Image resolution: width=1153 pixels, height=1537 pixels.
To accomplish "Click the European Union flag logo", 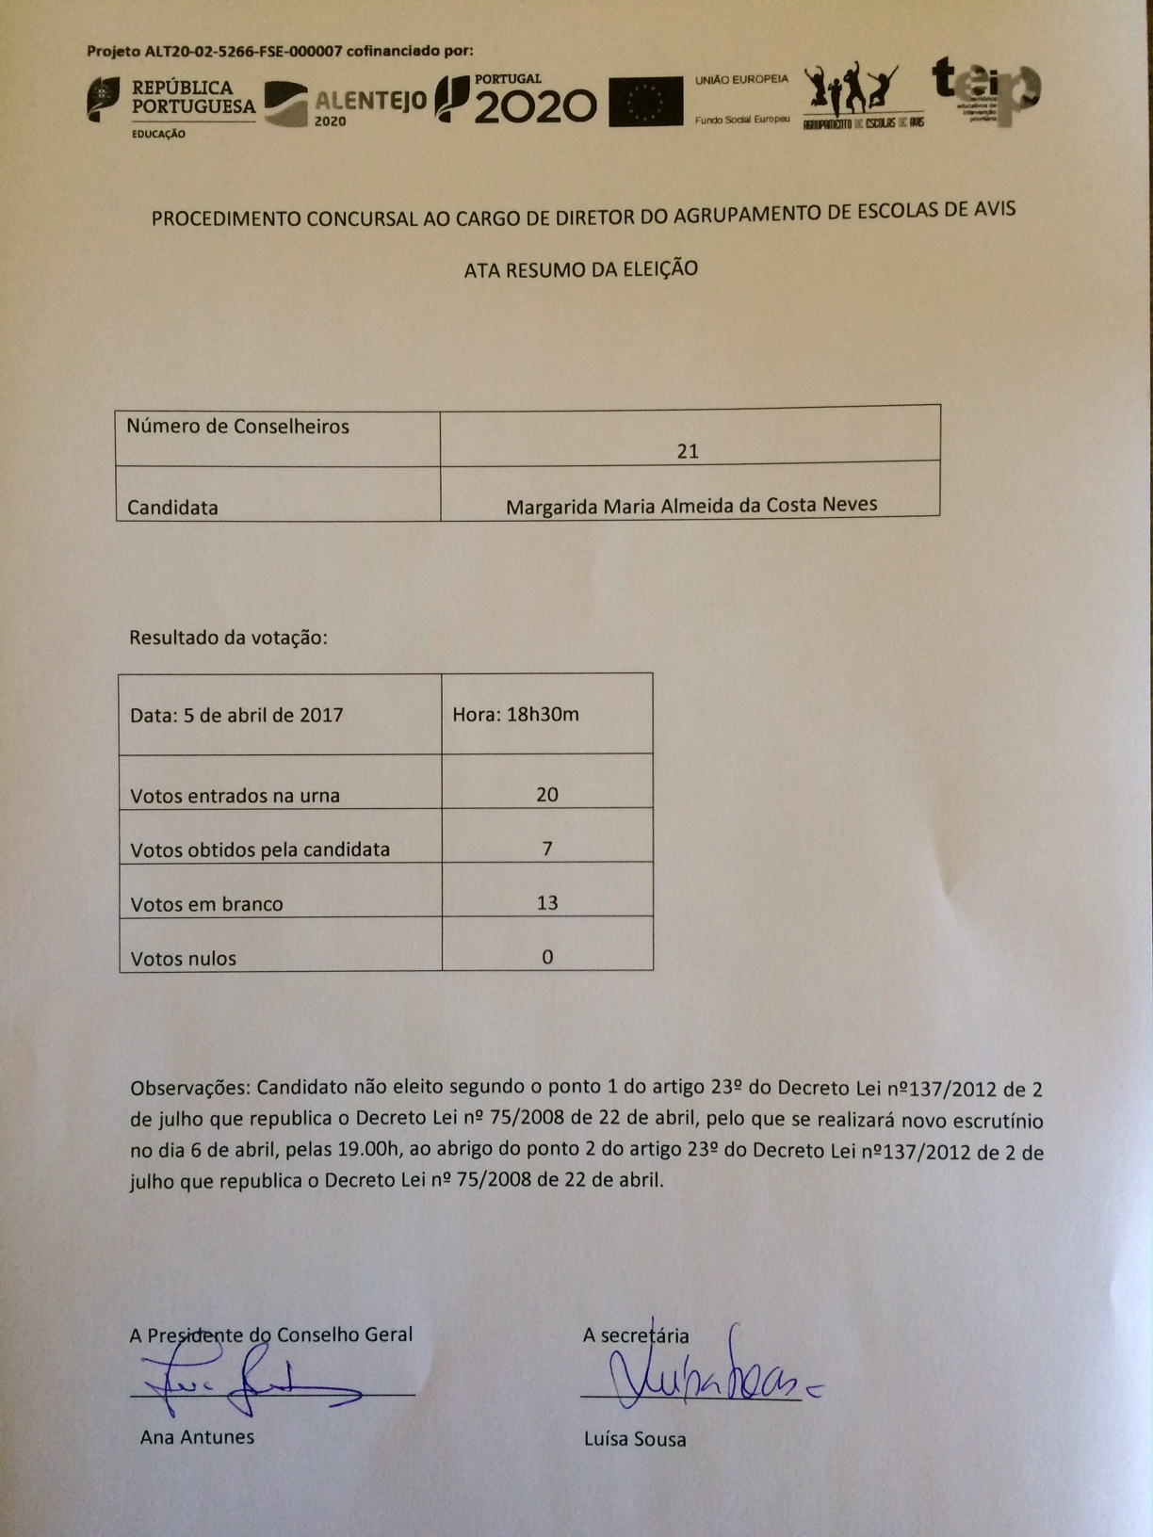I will (645, 102).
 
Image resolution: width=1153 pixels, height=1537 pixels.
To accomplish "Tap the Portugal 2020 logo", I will (516, 100).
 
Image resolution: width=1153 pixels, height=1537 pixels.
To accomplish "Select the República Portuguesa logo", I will (172, 101).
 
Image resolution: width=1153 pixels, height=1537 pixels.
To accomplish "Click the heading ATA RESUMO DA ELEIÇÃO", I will (580, 269).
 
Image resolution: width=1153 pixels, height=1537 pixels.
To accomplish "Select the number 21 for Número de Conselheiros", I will (688, 451).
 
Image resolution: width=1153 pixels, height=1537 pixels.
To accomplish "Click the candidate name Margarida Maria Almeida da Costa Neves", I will (691, 506).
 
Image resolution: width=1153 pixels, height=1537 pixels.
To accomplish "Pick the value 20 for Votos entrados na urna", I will (547, 794).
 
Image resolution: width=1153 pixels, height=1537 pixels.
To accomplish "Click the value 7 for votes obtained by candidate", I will (547, 849).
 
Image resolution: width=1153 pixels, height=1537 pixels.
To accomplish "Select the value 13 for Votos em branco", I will (547, 902).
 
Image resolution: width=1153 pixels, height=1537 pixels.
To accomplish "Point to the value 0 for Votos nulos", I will (547, 957).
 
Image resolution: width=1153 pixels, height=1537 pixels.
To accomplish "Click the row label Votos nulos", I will (184, 959).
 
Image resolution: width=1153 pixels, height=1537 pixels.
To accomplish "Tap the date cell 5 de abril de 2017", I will (236, 715).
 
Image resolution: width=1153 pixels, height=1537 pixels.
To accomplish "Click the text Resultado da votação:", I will (228, 638).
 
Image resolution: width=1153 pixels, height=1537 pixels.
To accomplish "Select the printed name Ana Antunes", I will (197, 1436).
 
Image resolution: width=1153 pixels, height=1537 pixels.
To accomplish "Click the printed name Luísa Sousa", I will (635, 1439).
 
